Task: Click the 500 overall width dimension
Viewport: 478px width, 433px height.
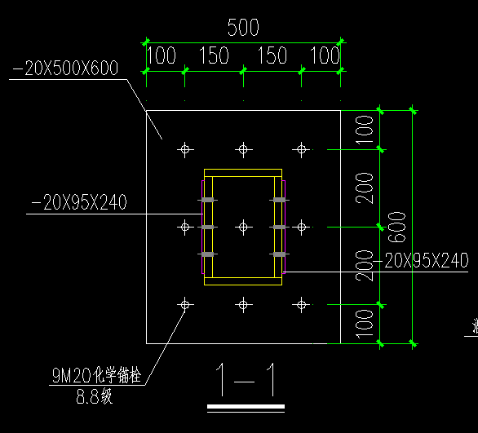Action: coord(243,28)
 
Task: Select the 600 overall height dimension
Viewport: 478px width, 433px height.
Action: coord(397,228)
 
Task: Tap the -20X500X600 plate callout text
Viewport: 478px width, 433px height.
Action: coord(65,68)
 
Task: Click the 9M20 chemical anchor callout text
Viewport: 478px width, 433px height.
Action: coord(96,375)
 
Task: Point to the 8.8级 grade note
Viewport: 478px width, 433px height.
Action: coord(95,396)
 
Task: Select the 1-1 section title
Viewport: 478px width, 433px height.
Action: coord(246,380)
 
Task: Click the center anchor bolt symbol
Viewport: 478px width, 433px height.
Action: coord(243,227)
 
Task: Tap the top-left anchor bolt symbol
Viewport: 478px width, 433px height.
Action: coord(185,149)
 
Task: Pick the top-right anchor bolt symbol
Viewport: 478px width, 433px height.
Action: coord(302,149)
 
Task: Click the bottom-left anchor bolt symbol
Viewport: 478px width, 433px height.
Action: coord(185,304)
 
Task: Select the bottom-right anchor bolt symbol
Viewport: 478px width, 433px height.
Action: coord(302,304)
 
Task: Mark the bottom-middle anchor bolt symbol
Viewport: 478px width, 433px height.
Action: coord(243,304)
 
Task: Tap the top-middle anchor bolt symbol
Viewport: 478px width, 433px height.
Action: coord(243,149)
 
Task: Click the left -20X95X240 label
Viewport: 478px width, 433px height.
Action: coord(79,202)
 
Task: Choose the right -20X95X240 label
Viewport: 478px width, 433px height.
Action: coord(421,260)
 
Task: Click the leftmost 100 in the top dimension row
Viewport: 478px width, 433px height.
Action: coord(162,55)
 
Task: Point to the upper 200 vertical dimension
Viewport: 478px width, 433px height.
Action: coord(365,188)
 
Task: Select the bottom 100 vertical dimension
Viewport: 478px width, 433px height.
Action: coord(365,324)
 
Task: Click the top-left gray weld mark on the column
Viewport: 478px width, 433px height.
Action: coord(208,200)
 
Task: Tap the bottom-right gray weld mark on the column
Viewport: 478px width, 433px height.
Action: coord(279,254)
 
